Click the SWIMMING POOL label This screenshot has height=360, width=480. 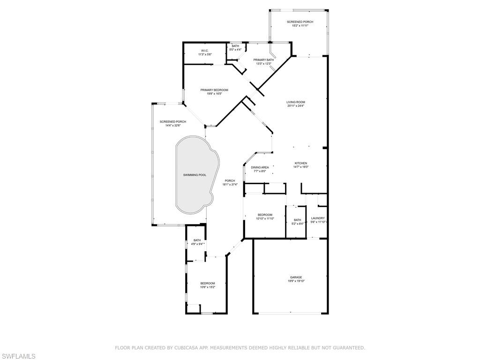pyautogui.click(x=195, y=175)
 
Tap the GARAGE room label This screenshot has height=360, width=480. pyautogui.click(x=295, y=277)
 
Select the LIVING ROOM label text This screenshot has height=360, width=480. pyautogui.click(x=296, y=102)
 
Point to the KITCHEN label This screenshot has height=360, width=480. pyautogui.click(x=300, y=163)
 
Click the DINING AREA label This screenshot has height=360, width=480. pyautogui.click(x=260, y=167)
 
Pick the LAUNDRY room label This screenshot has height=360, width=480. pyautogui.click(x=318, y=218)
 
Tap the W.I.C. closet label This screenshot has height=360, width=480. pyautogui.click(x=205, y=51)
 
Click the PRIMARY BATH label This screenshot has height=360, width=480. pyautogui.click(x=263, y=60)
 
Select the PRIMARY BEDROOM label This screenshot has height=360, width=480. pyautogui.click(x=214, y=90)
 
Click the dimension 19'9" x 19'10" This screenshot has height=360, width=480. pyautogui.click(x=296, y=281)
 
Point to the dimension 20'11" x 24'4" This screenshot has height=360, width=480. pyautogui.click(x=296, y=106)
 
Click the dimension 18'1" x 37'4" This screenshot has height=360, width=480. pyautogui.click(x=230, y=184)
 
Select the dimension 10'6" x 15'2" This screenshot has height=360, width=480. pyautogui.click(x=208, y=287)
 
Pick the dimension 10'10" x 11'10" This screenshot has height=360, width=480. pyautogui.click(x=265, y=218)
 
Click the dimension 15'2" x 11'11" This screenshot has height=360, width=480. pyautogui.click(x=300, y=26)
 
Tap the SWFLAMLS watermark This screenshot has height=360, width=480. pyautogui.click(x=18, y=357)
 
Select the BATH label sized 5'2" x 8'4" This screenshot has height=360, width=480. pyautogui.click(x=298, y=220)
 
